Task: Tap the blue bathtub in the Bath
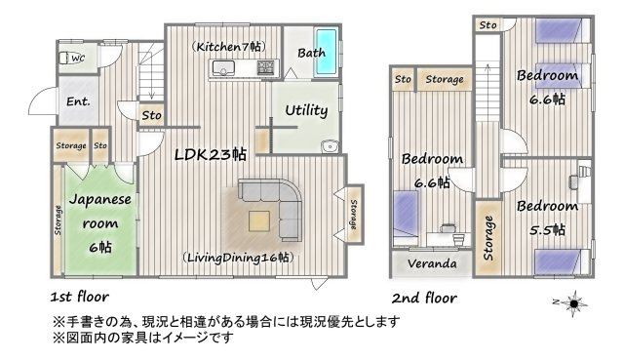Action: tap(327, 52)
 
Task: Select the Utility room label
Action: tap(305, 110)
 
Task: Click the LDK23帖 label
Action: tap(210, 154)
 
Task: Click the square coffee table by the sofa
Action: tap(258, 220)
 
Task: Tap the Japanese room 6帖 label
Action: tap(99, 222)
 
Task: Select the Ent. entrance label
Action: tap(78, 101)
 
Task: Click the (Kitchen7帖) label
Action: tap(227, 47)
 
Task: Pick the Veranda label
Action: tap(432, 264)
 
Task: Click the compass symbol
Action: tap(573, 303)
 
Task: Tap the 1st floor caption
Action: tap(79, 296)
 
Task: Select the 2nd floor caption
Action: tap(424, 297)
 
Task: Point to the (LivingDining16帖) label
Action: tap(238, 258)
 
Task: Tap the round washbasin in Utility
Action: tap(329, 148)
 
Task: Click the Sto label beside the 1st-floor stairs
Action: tap(151, 116)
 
